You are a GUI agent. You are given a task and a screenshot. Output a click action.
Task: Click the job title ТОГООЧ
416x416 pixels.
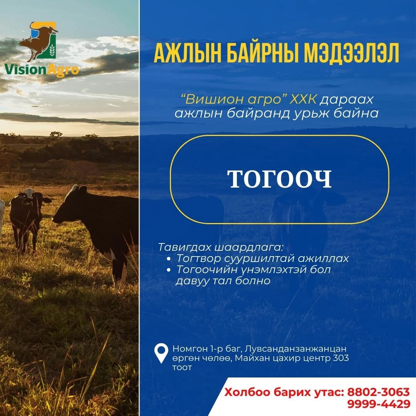[x=280, y=179]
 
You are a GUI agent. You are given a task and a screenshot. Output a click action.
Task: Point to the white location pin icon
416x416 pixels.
[x=161, y=353]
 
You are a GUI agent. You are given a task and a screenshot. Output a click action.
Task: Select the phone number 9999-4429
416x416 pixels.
[x=379, y=404]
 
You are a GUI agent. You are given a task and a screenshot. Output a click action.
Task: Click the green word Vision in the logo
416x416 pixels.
[x=25, y=69]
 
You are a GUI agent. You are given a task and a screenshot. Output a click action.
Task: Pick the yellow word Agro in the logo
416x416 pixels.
[x=63, y=70]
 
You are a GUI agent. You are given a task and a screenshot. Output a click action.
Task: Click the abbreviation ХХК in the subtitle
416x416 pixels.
[x=303, y=100]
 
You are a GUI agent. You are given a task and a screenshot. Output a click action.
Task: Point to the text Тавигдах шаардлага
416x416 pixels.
[x=221, y=247]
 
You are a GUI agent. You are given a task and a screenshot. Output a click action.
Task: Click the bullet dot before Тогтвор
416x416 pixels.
[x=169, y=259]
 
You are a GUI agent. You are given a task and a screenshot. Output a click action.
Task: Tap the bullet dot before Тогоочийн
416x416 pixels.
[x=169, y=270]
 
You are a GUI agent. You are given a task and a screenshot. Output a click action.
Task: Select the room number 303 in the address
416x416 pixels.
[x=341, y=358]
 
